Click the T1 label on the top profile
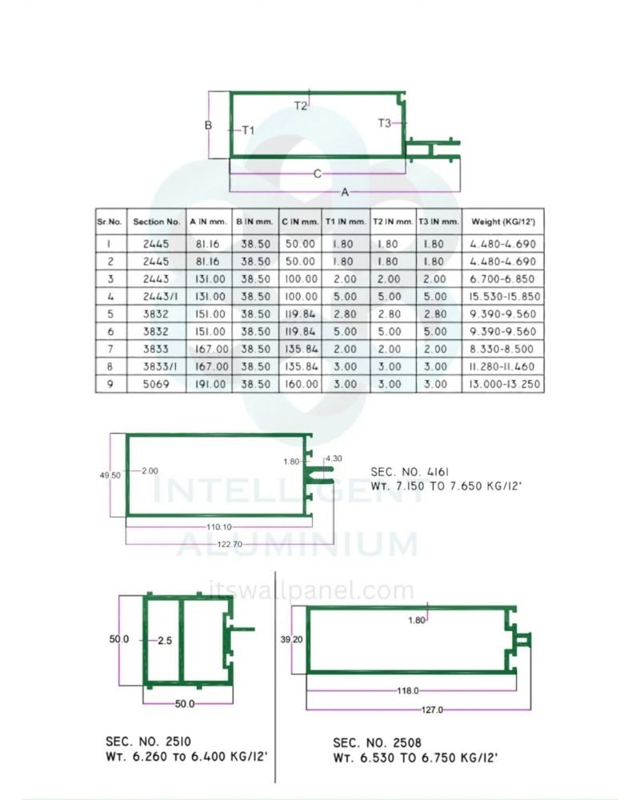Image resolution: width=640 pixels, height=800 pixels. point(248,130)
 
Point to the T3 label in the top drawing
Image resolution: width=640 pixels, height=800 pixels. point(384,123)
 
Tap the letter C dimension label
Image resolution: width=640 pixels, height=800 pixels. point(318,174)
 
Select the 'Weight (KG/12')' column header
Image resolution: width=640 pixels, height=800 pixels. point(503,222)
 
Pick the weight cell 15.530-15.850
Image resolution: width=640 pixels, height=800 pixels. point(504,297)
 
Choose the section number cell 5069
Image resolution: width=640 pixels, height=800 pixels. point(156,384)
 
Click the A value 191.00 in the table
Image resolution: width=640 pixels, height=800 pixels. point(210,384)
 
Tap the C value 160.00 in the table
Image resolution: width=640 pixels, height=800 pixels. point(301,384)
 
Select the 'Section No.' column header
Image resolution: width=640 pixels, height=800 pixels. point(157,222)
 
